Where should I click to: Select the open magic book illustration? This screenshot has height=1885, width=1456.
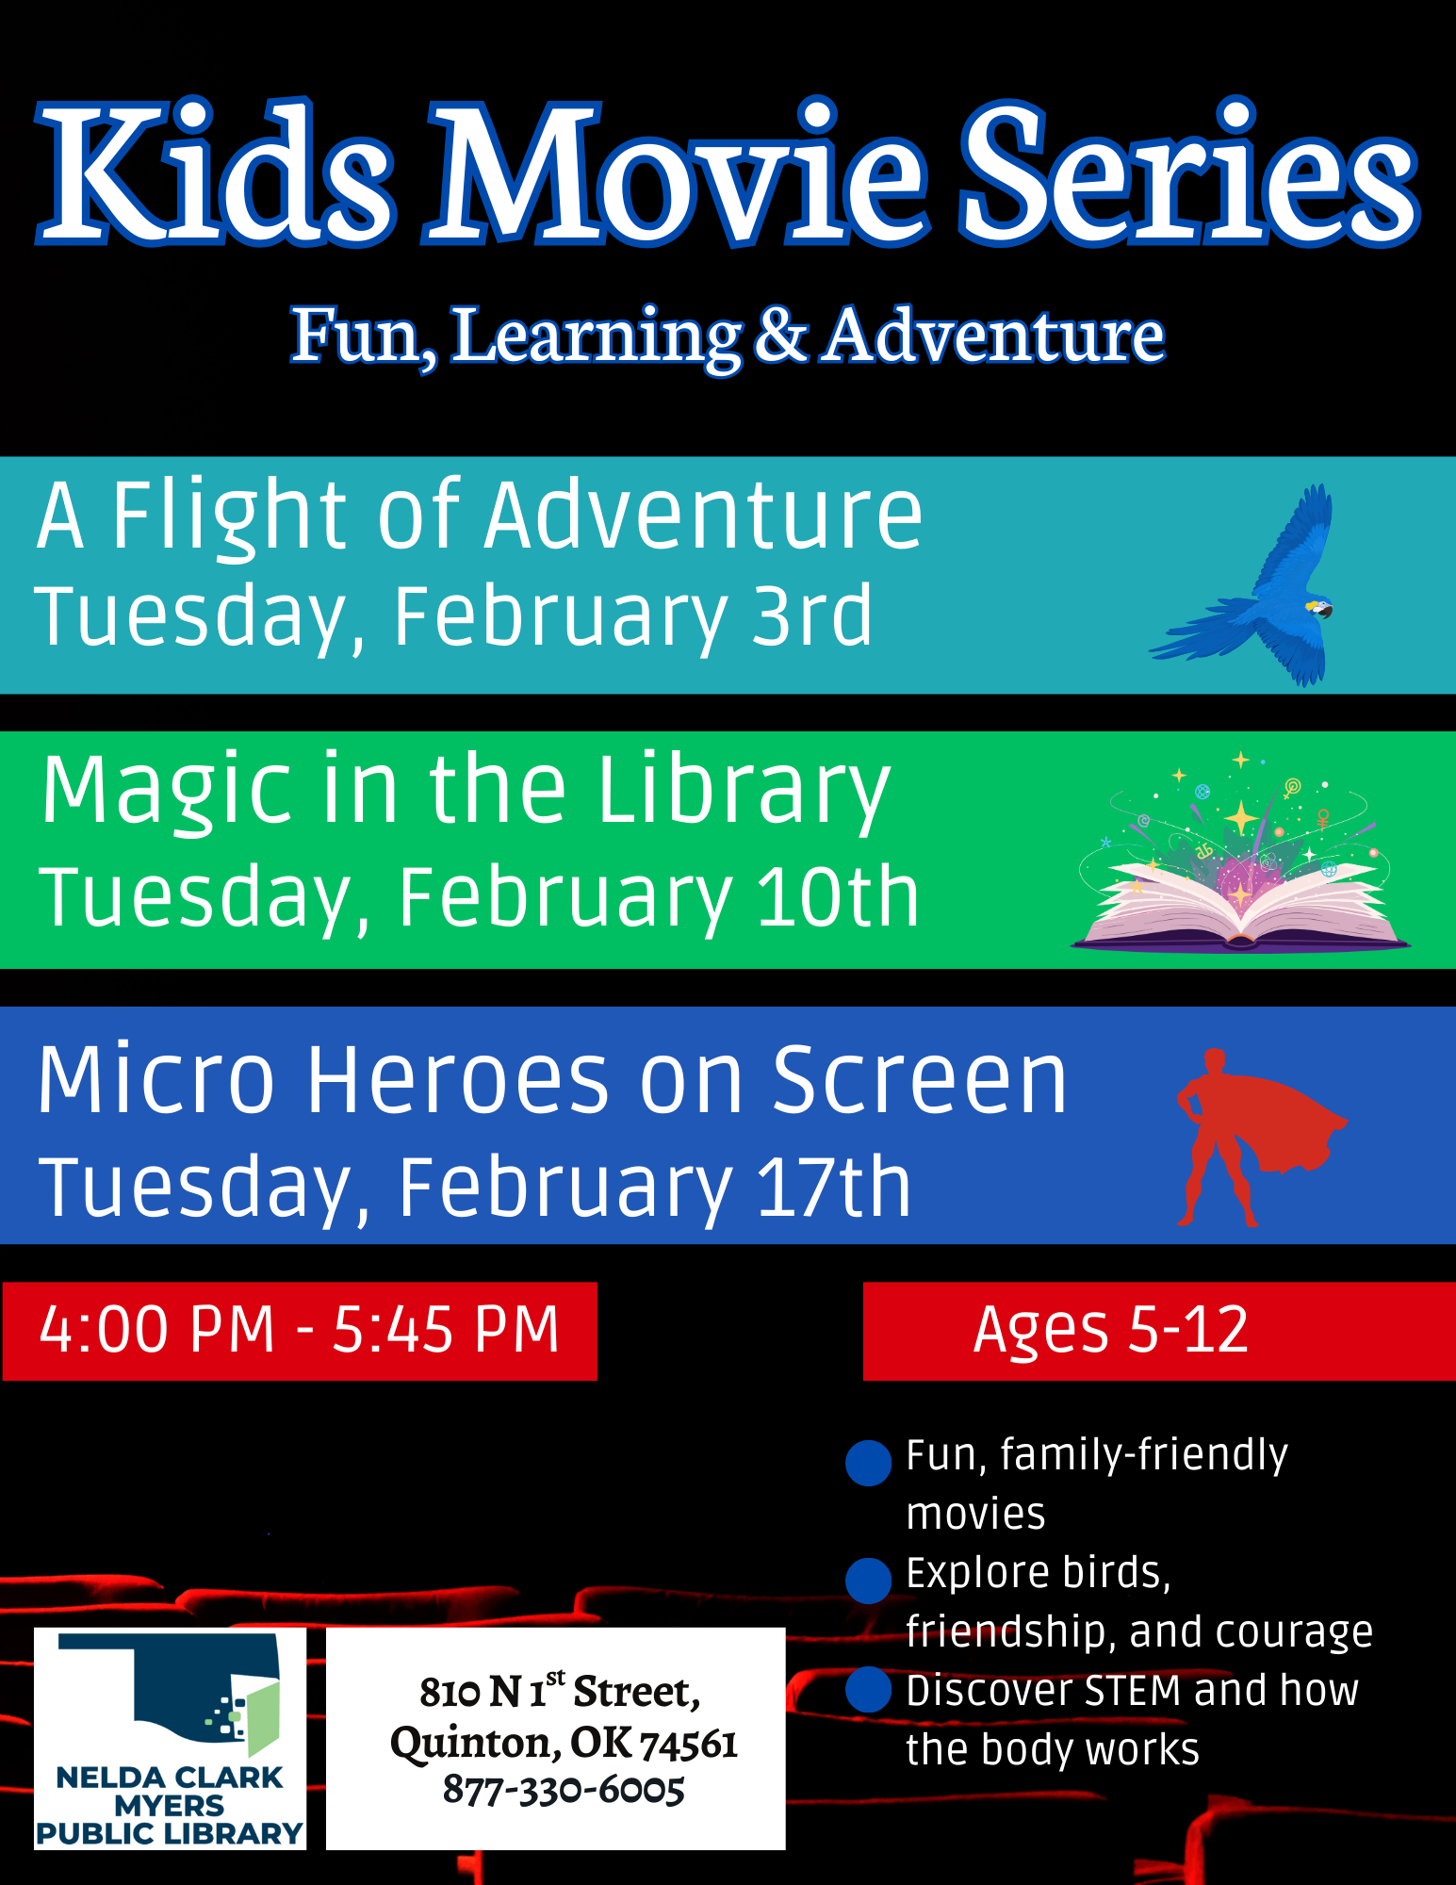pos(1240,851)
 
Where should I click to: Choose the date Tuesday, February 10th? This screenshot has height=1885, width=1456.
pos(479,898)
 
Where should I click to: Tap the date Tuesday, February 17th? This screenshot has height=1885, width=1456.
pos(475,1188)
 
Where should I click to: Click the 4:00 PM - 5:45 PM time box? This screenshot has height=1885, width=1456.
pos(300,1331)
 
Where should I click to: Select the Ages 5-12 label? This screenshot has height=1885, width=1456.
pos(1111,1330)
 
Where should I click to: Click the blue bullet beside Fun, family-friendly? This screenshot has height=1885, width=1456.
pos(869,1463)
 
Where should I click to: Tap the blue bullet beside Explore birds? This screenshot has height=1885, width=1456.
pos(869,1581)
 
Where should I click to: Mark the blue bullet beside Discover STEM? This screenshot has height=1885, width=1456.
pos(869,1689)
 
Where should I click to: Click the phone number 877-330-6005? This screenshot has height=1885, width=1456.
pos(564,1790)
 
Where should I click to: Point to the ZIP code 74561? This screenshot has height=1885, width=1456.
pos(689,1745)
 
